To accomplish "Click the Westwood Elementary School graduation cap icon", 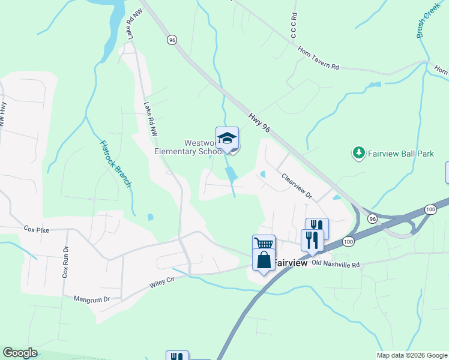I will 227,139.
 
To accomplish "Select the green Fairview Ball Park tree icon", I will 358,154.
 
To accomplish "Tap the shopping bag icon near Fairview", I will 264,260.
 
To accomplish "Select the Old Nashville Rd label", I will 336,264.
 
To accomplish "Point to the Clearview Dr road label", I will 297,186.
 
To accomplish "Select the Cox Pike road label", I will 35,229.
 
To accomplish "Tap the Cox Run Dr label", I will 65,262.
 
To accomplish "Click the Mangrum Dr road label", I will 92,298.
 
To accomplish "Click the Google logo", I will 20,353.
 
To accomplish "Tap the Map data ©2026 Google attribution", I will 411,355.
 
